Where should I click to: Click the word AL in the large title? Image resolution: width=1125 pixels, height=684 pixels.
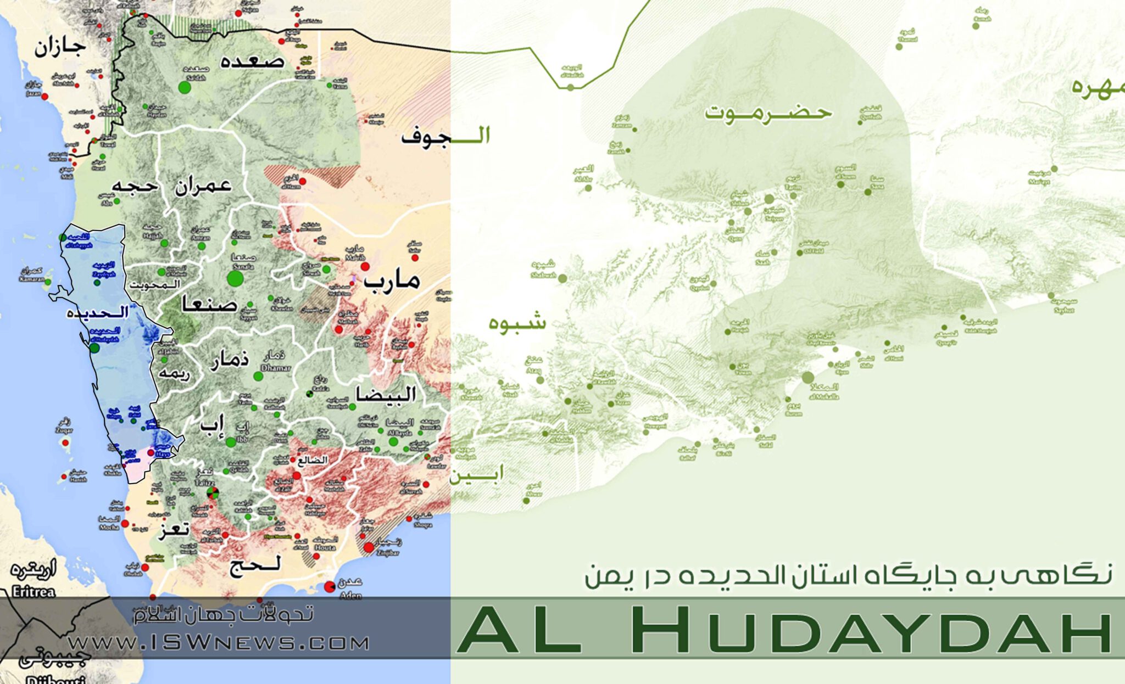click(x=519, y=630)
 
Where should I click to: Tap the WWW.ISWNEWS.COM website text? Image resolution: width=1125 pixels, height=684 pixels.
click(x=219, y=643)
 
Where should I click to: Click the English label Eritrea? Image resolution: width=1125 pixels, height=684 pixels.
click(x=33, y=592)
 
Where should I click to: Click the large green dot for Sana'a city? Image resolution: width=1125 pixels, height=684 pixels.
click(x=235, y=278)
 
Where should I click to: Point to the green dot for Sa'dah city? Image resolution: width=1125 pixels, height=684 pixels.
click(x=185, y=87)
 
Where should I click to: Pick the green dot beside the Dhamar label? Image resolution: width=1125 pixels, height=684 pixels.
click(x=258, y=377)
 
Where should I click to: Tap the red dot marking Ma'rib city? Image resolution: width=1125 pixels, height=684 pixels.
click(x=365, y=267)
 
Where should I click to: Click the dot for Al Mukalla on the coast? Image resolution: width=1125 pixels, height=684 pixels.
click(x=807, y=378)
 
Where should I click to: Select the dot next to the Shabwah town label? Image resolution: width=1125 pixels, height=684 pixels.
click(x=562, y=278)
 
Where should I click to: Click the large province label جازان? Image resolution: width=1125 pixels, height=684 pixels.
click(x=60, y=47)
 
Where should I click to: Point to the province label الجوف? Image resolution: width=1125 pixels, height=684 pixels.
click(x=445, y=136)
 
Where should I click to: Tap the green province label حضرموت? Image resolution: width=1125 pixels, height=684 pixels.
click(x=768, y=113)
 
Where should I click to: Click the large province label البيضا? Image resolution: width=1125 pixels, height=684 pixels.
click(x=386, y=394)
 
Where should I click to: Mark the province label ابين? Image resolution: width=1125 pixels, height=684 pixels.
click(x=477, y=474)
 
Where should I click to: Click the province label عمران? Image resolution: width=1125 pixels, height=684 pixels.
click(x=203, y=187)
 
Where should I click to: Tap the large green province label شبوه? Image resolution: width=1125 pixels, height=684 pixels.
click(x=517, y=322)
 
